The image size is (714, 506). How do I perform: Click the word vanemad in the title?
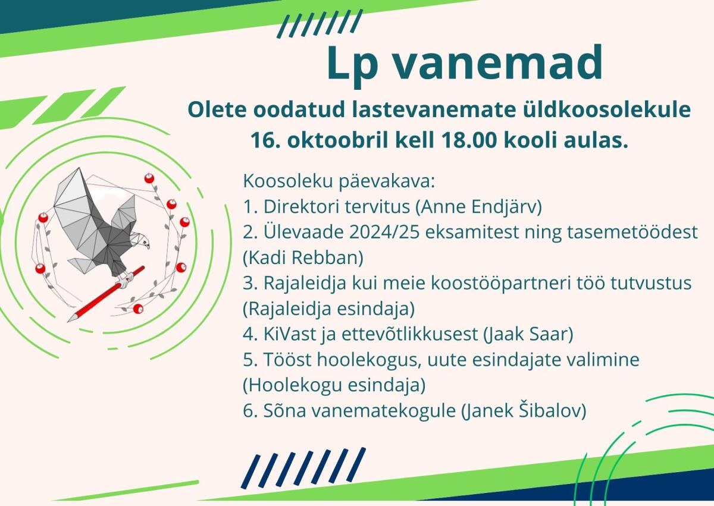tap(498, 62)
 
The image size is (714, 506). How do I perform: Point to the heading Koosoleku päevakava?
tap(339, 182)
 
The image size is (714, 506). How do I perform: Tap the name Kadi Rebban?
tap(303, 257)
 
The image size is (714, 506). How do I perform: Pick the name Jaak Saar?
tap(528, 334)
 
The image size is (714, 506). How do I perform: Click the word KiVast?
tap(290, 334)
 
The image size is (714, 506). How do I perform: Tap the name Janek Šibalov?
tap(524, 410)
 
